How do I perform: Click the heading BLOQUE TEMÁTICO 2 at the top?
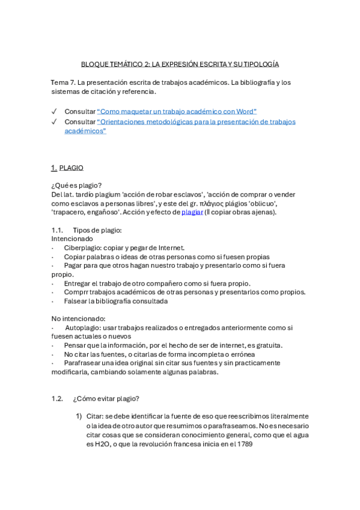[x=180, y=64]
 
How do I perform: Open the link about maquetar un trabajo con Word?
[x=177, y=111]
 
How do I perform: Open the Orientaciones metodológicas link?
[x=196, y=121]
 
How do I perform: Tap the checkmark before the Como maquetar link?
[x=55, y=111]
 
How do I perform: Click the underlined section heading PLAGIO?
[x=72, y=168]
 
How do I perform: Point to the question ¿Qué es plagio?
[x=76, y=185]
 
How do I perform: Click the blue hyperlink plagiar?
[x=192, y=212]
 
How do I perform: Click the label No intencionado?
[x=78, y=318]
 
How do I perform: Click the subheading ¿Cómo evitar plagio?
[x=106, y=398]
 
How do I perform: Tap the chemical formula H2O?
[x=96, y=444]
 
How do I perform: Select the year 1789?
[x=244, y=444]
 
